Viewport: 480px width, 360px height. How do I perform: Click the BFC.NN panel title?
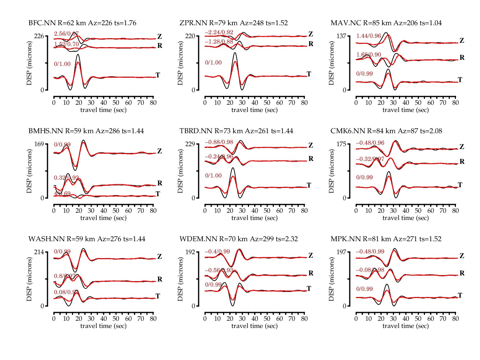click(82, 23)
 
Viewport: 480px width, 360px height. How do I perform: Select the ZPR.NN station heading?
click(234, 23)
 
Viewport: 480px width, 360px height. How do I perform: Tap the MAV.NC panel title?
click(386, 23)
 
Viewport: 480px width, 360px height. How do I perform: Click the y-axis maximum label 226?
click(39, 36)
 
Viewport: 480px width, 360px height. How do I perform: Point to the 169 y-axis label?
click(39, 144)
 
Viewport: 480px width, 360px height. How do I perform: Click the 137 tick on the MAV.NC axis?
click(341, 36)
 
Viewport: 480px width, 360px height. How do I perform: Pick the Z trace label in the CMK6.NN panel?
click(462, 147)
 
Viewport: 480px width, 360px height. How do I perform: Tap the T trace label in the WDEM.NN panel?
click(309, 289)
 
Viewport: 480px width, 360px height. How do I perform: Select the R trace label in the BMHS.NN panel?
click(160, 183)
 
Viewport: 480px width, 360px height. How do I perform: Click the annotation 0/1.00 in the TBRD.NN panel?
click(213, 176)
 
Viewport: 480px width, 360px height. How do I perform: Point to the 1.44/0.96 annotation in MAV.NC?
click(368, 36)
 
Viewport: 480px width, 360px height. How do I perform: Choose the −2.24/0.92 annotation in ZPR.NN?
click(219, 32)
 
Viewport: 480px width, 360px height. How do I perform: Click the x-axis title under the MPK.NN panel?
click(406, 326)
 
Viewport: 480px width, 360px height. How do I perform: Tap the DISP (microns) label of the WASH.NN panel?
click(29, 279)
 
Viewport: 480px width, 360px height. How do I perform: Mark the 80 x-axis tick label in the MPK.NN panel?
click(456, 319)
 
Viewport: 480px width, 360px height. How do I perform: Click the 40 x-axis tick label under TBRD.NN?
click(255, 211)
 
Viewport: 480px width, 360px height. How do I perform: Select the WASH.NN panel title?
click(87, 239)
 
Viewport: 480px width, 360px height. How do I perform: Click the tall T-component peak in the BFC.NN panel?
click(78, 55)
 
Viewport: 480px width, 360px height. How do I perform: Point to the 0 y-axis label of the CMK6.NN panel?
click(344, 198)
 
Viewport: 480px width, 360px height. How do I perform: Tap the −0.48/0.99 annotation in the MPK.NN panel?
click(370, 252)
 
